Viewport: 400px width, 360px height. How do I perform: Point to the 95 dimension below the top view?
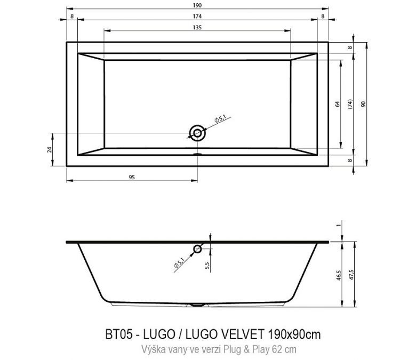tap(131, 177)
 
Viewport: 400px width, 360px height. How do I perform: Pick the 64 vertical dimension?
tap(337, 104)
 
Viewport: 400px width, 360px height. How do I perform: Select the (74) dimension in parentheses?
tap(350, 104)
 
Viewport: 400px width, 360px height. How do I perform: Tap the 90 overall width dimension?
tap(364, 104)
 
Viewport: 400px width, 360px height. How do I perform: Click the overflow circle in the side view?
tap(198, 248)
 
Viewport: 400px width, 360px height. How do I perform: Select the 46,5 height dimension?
tap(338, 277)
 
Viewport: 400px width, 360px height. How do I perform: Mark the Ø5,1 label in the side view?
tap(179, 262)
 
